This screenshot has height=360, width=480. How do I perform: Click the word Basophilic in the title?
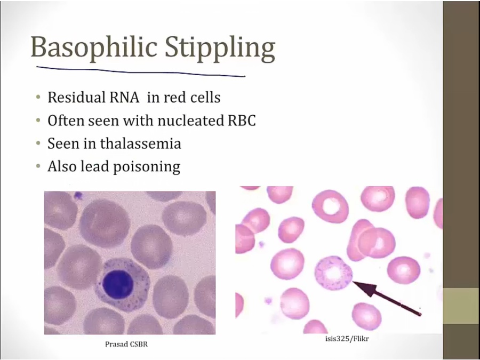click(94, 47)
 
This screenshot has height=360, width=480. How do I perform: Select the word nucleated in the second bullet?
click(192, 121)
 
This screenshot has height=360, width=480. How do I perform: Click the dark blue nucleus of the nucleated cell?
click(117, 284)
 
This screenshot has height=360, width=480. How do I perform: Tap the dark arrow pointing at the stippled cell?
click(387, 298)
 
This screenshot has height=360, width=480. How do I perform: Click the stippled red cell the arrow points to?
click(334, 273)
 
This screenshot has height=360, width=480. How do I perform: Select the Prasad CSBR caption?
click(126, 344)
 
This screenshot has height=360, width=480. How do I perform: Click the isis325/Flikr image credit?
click(347, 339)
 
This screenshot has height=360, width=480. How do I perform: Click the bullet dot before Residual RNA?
click(38, 98)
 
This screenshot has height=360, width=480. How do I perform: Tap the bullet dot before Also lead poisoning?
click(38, 166)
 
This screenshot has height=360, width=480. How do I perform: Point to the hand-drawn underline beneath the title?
click(141, 71)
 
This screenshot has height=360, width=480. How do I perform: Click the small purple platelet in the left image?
click(78, 195)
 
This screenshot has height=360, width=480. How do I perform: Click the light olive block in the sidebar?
click(461, 306)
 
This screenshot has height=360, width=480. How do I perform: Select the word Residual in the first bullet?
click(76, 98)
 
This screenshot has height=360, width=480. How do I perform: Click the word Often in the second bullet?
click(66, 121)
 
